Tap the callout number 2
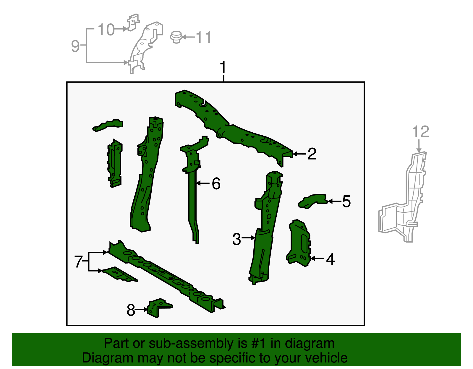312,154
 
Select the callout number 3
237,239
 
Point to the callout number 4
331,259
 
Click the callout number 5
346,201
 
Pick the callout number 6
216,183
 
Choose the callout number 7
78,261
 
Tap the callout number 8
131,310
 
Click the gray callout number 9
75,46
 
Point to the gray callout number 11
204,37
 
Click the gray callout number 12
421,131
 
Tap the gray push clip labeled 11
176,37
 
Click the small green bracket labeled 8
160,308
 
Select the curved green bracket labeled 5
312,201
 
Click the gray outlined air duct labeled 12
403,197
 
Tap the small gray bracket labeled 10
133,22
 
